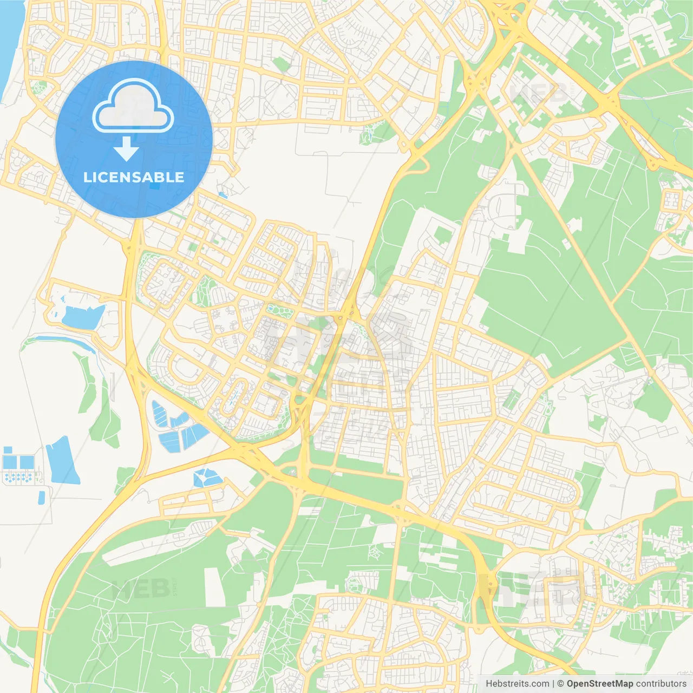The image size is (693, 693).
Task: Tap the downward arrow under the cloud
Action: tap(127, 149)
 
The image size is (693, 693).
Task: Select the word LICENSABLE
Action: tap(134, 177)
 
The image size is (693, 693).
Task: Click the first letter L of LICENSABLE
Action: tap(87, 177)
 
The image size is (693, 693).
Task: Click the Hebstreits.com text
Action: tap(517, 684)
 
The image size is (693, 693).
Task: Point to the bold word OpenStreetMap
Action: tap(600, 684)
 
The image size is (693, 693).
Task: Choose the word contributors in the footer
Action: tap(661, 684)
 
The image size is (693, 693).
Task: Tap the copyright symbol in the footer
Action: tap(561, 684)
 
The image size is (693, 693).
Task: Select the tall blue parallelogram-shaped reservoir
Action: tap(63, 461)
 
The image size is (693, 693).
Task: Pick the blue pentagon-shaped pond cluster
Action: tap(207, 478)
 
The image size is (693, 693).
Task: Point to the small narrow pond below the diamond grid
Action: tap(42, 497)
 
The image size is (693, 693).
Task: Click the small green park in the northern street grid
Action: tap(282, 65)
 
